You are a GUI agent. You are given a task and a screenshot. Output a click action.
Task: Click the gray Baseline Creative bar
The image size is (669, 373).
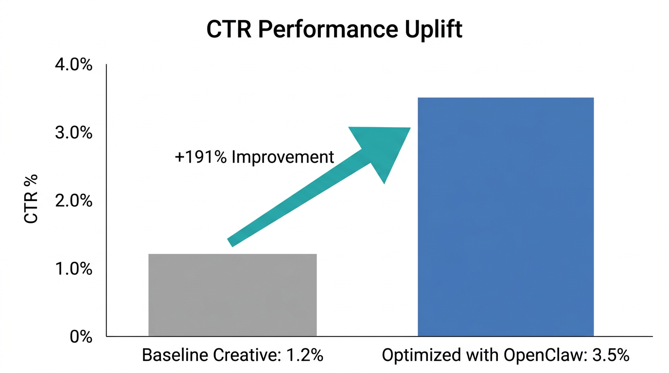(232, 295)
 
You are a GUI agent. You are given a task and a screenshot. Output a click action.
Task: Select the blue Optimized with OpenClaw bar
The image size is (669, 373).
(506, 217)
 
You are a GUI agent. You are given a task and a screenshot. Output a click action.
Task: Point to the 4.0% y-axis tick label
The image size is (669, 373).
(73, 65)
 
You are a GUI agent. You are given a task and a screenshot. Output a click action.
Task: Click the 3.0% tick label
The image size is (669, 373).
(73, 133)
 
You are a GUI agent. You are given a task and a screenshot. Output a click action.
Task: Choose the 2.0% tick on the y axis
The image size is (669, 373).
(73, 201)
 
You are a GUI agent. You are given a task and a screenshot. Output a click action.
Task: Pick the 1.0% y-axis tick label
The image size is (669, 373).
(73, 269)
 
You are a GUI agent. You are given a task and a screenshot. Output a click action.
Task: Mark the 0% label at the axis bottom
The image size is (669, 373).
(81, 337)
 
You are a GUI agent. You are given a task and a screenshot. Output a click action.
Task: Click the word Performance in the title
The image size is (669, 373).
(318, 30)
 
